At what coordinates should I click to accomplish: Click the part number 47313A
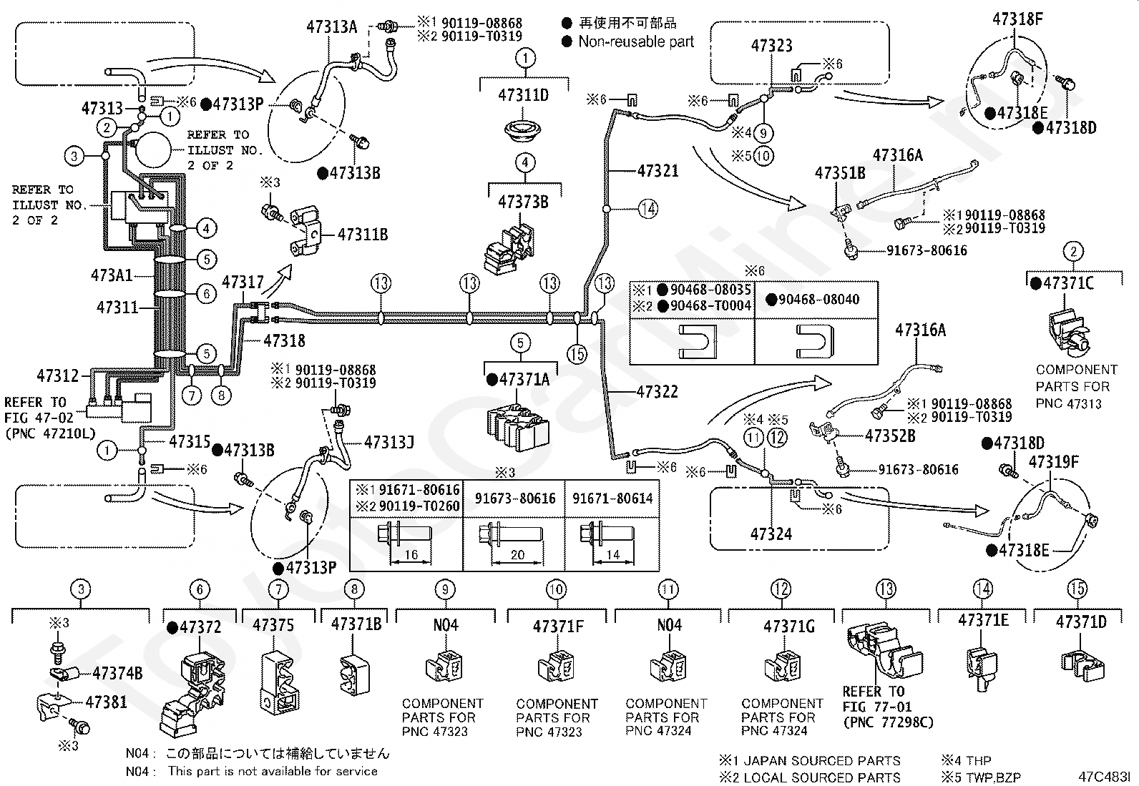pos(331,27)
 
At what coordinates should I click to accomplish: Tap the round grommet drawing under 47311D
pos(524,132)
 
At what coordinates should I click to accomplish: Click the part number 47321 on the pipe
pos(658,171)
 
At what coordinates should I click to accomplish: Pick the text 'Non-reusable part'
pos(636,41)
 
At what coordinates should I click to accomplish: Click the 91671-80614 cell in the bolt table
pos(612,498)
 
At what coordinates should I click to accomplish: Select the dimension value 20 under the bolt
pos(518,555)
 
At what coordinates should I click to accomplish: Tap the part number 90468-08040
pos(818,299)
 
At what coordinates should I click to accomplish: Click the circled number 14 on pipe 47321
pos(647,210)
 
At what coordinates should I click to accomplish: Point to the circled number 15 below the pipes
pos(577,353)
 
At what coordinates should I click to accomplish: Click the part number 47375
pos(273,625)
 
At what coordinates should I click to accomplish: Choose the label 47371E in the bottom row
pos(983,620)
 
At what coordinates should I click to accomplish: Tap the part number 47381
pos(106,702)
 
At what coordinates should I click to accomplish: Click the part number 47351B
pos(840,173)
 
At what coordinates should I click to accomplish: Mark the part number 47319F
pos(1053,462)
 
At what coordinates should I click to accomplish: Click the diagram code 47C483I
pos(1105,776)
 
